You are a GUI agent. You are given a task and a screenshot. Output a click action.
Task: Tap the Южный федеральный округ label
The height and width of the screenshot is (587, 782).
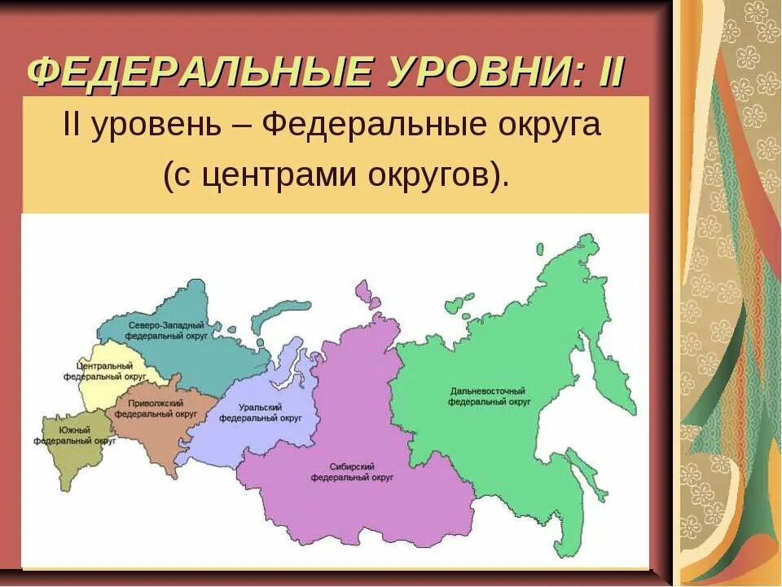[x=74, y=435]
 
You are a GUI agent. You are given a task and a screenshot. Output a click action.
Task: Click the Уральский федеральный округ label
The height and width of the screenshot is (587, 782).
[x=260, y=412]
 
